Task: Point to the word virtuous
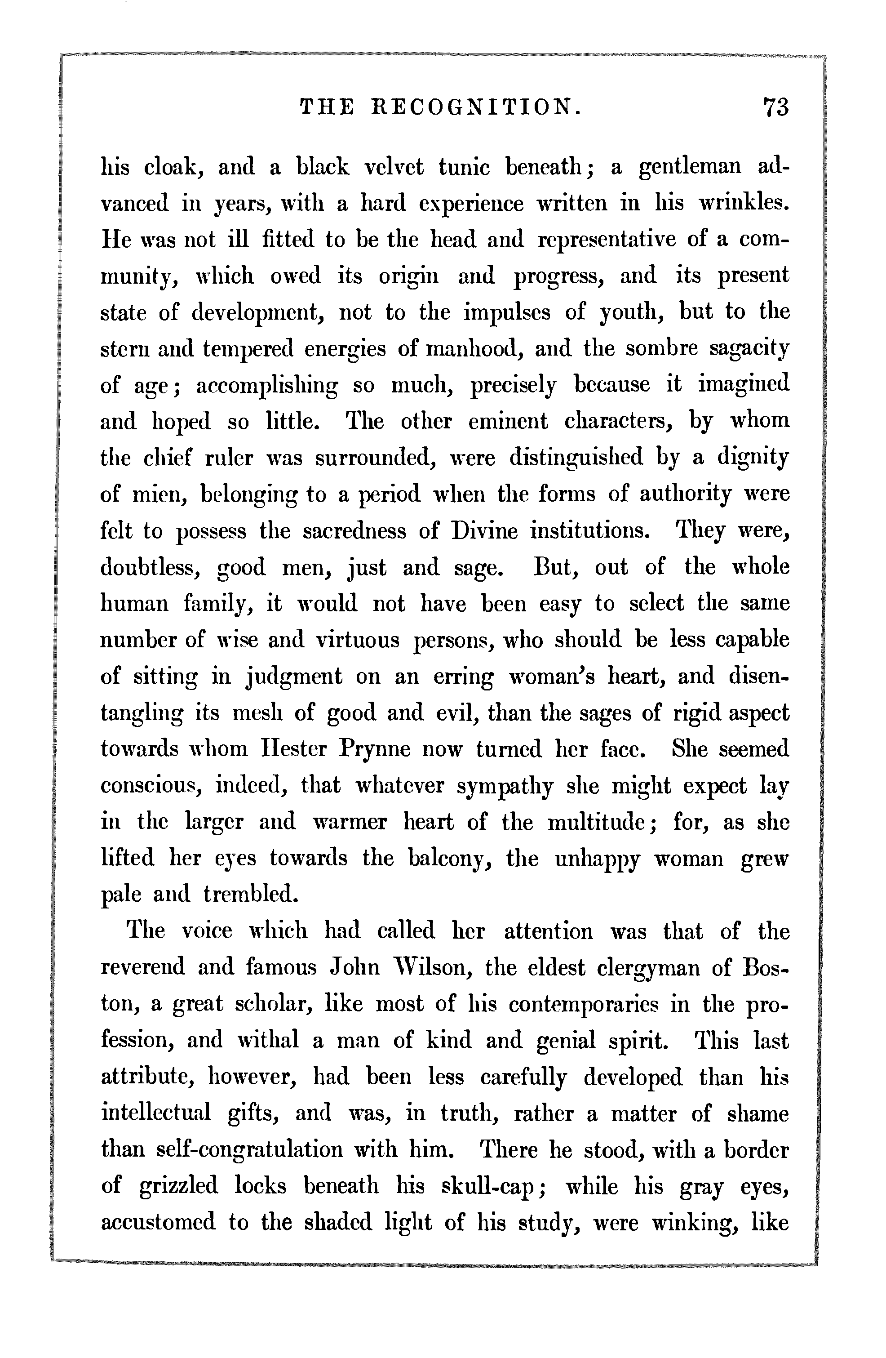(358, 640)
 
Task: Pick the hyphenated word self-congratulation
(250, 1151)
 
